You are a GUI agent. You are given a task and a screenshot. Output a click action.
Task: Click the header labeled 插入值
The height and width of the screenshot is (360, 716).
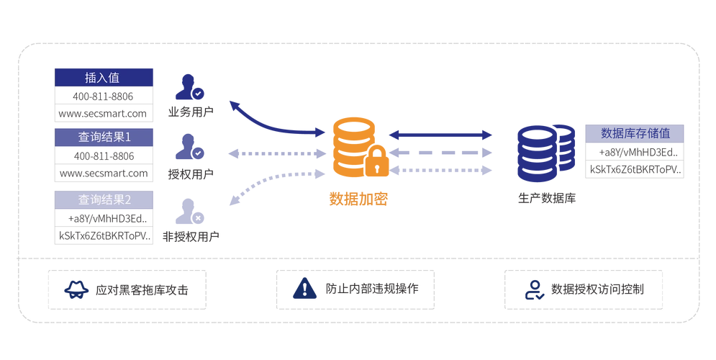[x=104, y=78]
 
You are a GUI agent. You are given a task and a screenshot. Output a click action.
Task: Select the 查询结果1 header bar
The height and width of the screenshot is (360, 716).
[x=104, y=137]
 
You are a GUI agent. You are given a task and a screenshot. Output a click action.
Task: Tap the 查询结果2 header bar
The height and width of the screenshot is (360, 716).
[x=104, y=199]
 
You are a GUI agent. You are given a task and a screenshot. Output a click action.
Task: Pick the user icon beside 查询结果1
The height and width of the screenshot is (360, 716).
[x=189, y=146]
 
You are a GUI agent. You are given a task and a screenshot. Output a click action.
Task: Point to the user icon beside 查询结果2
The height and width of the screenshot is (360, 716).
[x=189, y=212]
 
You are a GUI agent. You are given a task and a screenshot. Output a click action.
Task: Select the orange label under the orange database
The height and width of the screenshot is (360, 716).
[x=359, y=198]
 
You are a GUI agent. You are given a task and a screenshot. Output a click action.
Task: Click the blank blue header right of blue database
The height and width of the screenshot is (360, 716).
[x=634, y=134]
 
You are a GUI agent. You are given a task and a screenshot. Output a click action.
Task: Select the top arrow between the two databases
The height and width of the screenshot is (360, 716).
[x=440, y=134]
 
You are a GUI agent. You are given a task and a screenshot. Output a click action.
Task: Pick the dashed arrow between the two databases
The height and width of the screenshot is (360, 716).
[x=440, y=153]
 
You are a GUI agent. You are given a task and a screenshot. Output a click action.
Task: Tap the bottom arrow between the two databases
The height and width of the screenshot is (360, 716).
[x=440, y=171]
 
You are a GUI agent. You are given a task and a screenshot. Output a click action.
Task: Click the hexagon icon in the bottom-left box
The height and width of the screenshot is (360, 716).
[x=74, y=289]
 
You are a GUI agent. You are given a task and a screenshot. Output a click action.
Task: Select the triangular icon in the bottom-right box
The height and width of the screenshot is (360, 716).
[x=534, y=289]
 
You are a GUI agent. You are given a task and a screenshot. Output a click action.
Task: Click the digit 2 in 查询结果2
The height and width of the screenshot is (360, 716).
[x=128, y=200]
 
